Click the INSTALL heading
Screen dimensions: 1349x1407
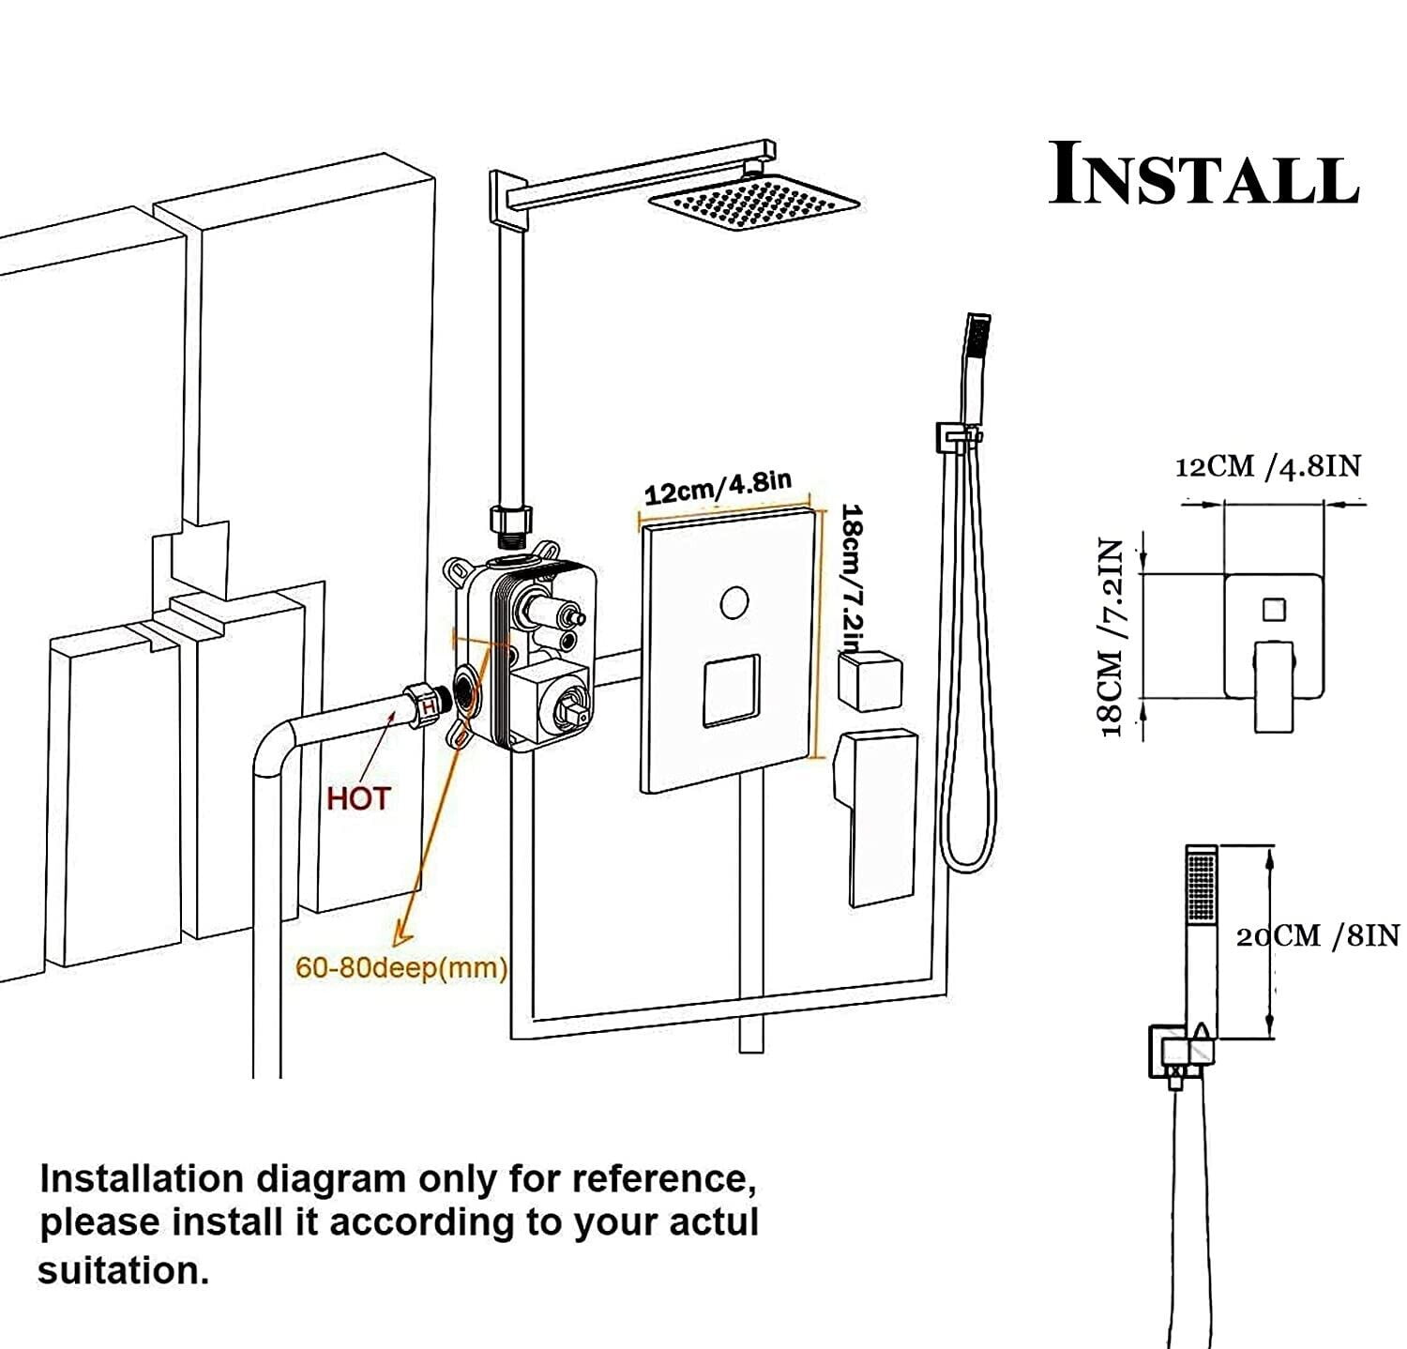(1203, 174)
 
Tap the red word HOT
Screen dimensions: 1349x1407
(357, 799)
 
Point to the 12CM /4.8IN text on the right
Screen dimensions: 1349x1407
(1267, 465)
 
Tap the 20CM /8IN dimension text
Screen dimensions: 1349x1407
(1317, 935)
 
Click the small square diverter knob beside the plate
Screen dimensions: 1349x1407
(870, 677)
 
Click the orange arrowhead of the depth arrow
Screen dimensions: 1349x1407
(401, 932)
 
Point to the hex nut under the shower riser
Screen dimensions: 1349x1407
(511, 519)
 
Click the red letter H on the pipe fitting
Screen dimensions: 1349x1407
(427, 705)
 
